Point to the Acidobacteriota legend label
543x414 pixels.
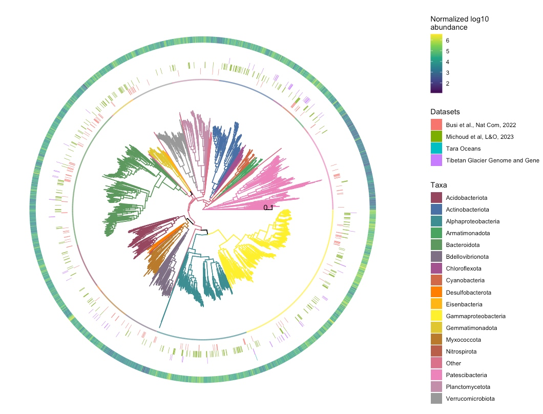coord(466,197)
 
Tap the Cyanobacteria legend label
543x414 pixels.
coord(465,280)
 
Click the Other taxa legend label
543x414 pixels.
coord(453,363)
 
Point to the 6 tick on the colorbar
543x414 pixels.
coord(448,40)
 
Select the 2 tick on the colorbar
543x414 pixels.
coord(448,84)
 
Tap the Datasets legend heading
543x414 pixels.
coord(445,112)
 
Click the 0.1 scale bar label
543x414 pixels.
coord(268,208)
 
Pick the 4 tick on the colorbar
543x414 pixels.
coord(448,62)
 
